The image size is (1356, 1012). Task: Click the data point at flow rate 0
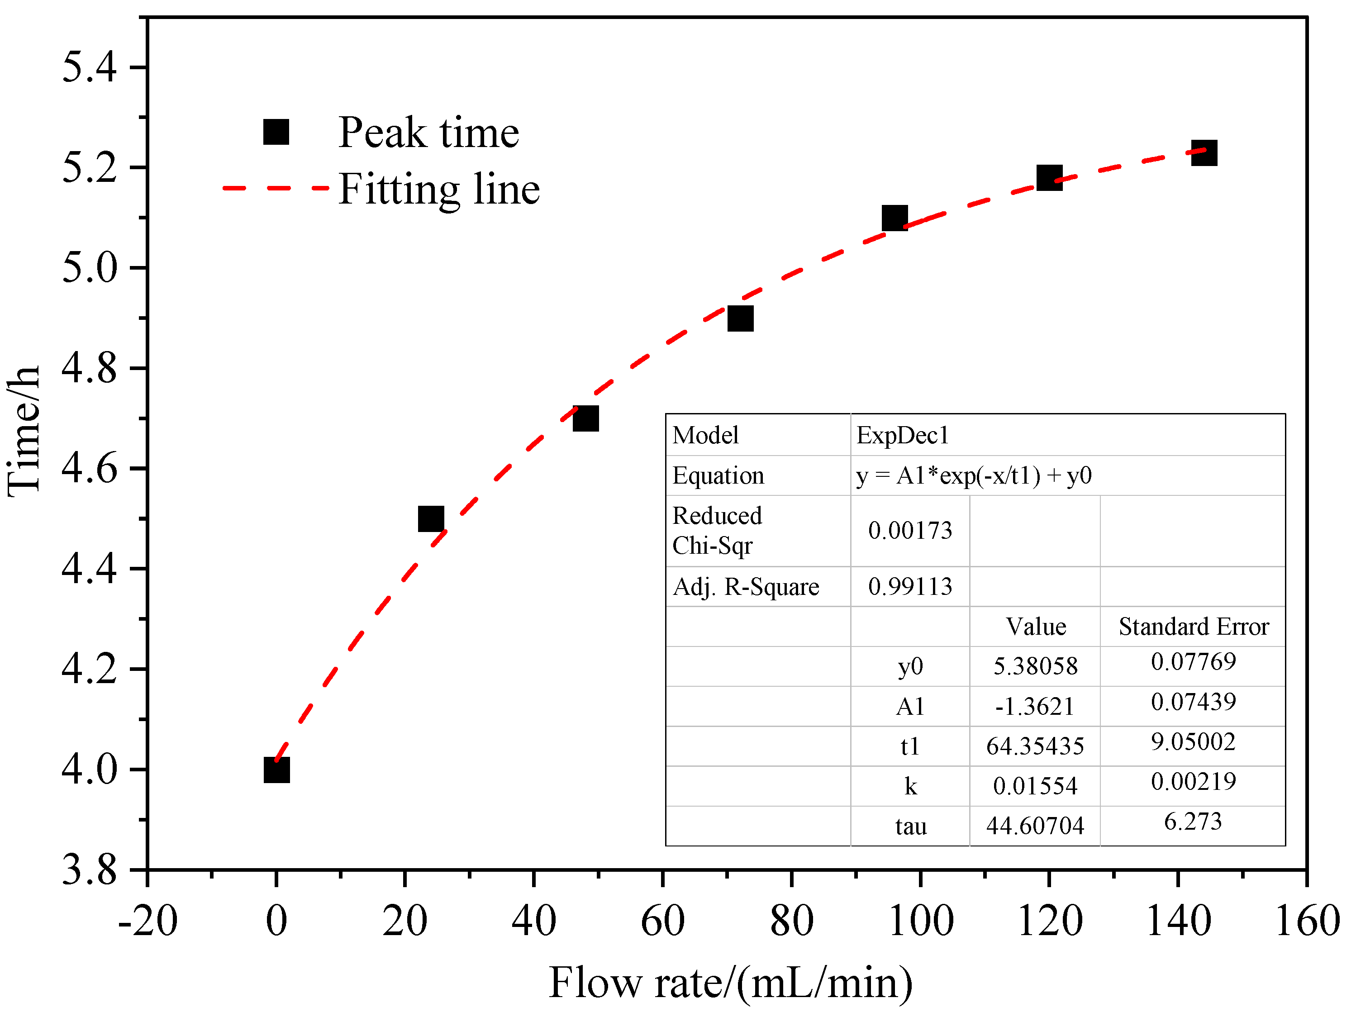coord(276,770)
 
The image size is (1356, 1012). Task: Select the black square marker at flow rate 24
coord(431,519)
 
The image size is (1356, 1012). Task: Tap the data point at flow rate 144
coord(1204,152)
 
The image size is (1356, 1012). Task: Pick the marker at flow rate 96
coord(894,218)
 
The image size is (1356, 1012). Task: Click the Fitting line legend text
coord(439,189)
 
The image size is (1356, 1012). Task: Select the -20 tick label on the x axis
coord(147,921)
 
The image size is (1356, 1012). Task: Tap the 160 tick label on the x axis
coord(1307,921)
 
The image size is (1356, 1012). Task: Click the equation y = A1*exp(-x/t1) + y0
coord(974,475)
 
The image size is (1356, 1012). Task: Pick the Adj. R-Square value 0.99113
coord(910,587)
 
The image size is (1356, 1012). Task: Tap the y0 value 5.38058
coord(1035,666)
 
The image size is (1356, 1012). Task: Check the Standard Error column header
coord(1193,627)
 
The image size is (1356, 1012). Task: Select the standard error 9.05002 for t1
coord(1193,742)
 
